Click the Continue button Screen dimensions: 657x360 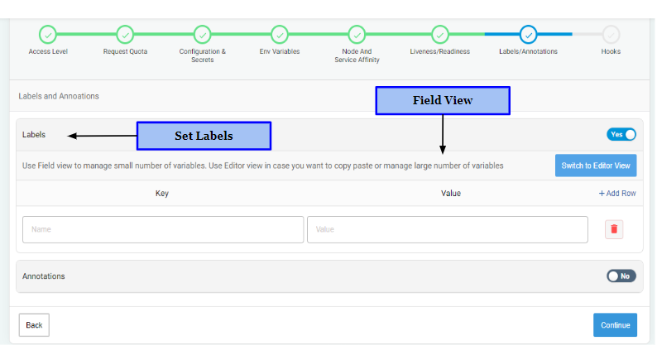[615, 324]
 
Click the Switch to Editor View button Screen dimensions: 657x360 [596, 166]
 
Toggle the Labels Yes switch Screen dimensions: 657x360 [621, 135]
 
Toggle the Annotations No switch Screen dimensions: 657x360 [621, 276]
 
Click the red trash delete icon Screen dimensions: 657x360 [614, 229]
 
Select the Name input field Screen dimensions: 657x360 [163, 229]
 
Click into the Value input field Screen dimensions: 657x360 [448, 229]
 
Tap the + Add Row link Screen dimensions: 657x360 [617, 193]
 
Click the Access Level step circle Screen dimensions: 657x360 [48, 35]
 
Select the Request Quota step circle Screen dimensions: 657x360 [125, 35]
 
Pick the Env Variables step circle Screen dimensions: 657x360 [280, 35]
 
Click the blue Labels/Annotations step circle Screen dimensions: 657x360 [529, 35]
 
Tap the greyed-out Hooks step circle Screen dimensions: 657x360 [611, 35]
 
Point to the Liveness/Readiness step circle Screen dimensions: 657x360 [440, 35]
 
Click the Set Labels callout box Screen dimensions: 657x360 [204, 136]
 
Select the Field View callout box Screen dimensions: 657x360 [443, 101]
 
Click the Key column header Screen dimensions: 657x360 [162, 193]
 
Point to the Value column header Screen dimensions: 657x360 [451, 193]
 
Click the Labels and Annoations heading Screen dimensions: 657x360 [59, 96]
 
